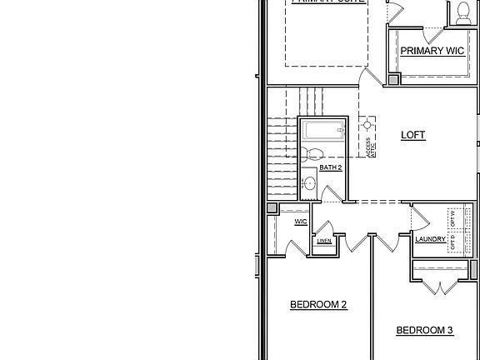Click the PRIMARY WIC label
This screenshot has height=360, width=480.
tap(431, 51)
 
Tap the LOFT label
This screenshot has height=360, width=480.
tap(413, 135)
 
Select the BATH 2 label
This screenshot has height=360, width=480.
tap(331, 167)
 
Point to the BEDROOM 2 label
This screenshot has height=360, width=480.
tap(318, 305)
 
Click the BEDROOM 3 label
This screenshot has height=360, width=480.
tap(424, 331)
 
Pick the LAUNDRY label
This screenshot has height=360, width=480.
tap(430, 240)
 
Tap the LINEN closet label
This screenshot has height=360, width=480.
tap(324, 242)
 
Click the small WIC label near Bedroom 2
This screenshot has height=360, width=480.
tap(301, 222)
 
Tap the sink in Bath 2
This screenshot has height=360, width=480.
tap(309, 182)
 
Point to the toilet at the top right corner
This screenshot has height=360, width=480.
tap(461, 11)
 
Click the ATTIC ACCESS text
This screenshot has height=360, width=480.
tap(370, 147)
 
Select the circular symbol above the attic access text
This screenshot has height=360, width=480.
tap(367, 125)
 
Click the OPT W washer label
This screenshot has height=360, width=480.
tap(453, 218)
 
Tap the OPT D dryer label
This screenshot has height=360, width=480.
tap(453, 242)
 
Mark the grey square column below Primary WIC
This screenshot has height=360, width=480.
tap(393, 79)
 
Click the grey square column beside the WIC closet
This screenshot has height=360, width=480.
tap(272, 209)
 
